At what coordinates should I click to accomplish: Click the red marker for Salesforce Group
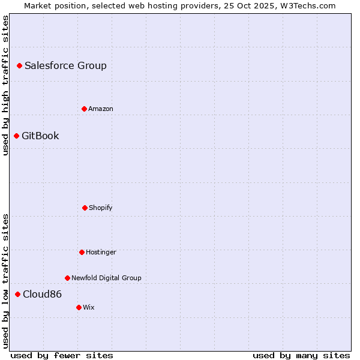pos(19,65)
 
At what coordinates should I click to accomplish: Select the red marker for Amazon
pos(84,109)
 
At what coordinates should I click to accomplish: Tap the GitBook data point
pos(16,136)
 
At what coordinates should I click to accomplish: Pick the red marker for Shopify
pos(85,208)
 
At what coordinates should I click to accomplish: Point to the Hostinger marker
pos(82,252)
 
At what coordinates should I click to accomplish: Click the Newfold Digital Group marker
pos(67,278)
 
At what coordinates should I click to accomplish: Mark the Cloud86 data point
pos(17,294)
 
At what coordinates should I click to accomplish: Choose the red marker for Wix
pos(79,307)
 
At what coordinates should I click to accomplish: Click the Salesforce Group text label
pos(65,65)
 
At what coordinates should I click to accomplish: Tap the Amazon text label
pos(101,109)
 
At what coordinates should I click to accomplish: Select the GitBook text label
pos(40,136)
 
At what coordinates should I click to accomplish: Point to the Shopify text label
pos(101,208)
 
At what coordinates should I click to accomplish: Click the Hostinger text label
pos(101,252)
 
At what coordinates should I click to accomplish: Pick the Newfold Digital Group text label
pos(106,278)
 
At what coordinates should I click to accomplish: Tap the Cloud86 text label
pos(42,294)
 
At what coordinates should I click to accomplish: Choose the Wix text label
pos(89,307)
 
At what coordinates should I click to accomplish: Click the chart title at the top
pos(180,5)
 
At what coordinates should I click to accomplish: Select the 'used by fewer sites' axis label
pos(62,355)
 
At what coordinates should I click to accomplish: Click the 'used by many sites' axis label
pos(301,355)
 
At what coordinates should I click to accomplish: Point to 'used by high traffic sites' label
pos(5,85)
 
